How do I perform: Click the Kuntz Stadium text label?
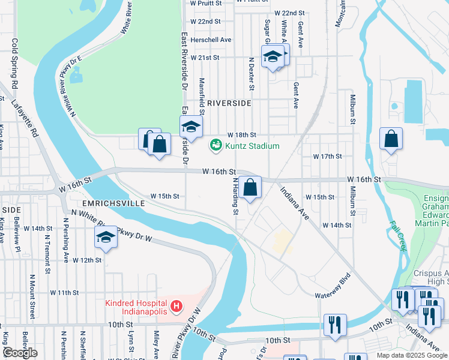pos(252,146)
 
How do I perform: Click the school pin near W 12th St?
pos(106,237)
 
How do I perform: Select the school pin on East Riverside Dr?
pos(191,127)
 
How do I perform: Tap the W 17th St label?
pos(327,156)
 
